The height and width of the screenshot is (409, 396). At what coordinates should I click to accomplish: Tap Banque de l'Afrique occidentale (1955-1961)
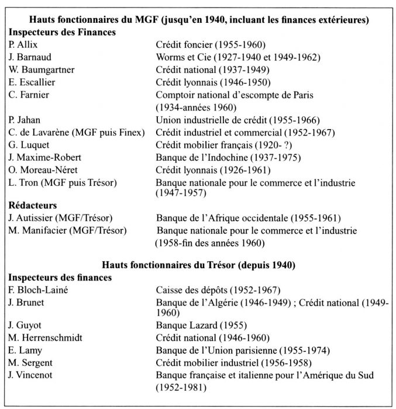pos(248,219)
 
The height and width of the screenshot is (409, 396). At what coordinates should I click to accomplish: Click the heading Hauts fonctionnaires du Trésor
pos(198,265)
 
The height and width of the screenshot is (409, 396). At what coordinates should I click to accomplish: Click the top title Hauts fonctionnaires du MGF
pos(198,20)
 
